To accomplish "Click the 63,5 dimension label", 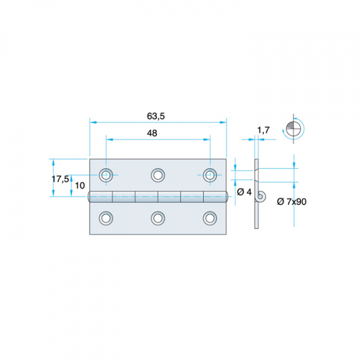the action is [x=156, y=116].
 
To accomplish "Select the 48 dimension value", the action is [x=152, y=133].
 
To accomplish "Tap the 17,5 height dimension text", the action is [x=60, y=179].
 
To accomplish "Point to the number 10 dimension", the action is [x=80, y=185].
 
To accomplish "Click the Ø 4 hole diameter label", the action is [x=244, y=192].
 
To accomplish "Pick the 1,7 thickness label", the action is [x=263, y=130].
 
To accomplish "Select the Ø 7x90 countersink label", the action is [x=291, y=201].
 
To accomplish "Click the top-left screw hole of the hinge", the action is [x=106, y=175].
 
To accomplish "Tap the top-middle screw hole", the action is [x=158, y=175].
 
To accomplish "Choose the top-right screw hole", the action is [x=210, y=175].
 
